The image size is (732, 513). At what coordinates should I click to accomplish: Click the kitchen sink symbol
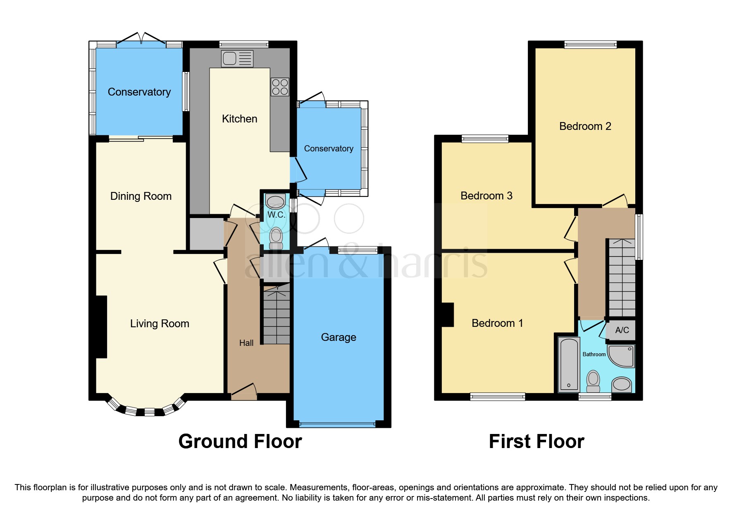pyautogui.click(x=237, y=59)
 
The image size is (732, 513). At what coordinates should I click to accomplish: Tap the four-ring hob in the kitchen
pyautogui.click(x=280, y=87)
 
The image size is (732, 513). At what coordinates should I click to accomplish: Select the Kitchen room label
pyautogui.click(x=239, y=119)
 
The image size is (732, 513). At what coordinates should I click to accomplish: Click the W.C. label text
pyautogui.click(x=276, y=215)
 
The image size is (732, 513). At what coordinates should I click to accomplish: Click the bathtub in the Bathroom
pyautogui.click(x=569, y=364)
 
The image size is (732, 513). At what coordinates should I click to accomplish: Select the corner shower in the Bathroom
pyautogui.click(x=622, y=356)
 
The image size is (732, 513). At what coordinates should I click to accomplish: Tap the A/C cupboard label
pyautogui.click(x=622, y=330)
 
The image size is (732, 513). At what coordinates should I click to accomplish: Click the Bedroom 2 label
pyautogui.click(x=585, y=126)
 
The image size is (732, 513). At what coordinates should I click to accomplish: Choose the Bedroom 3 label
pyautogui.click(x=486, y=196)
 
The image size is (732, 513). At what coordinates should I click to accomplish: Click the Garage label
pyautogui.click(x=339, y=337)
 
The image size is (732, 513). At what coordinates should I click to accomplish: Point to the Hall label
pyautogui.click(x=246, y=343)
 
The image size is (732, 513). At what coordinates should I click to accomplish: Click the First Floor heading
pyautogui.click(x=536, y=441)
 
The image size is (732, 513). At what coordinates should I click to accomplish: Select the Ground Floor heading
pyautogui.click(x=240, y=441)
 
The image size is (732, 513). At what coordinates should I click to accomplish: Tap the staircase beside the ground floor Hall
pyautogui.click(x=277, y=316)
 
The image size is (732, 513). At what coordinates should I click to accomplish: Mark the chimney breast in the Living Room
pyautogui.click(x=101, y=326)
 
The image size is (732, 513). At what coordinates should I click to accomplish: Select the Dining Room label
pyautogui.click(x=141, y=196)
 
